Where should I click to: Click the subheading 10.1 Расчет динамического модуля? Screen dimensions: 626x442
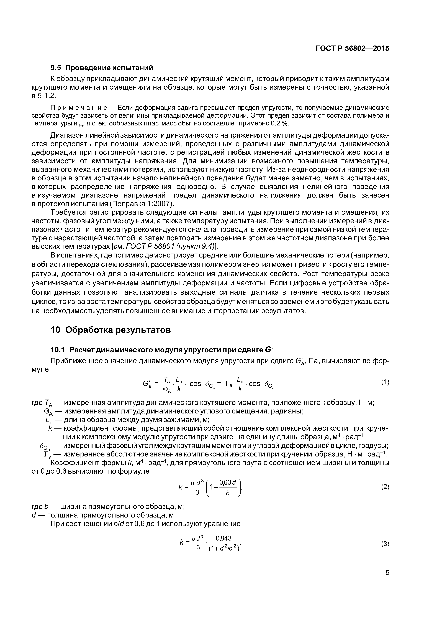[159, 350]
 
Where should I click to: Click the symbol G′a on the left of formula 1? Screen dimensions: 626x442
[147, 384]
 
